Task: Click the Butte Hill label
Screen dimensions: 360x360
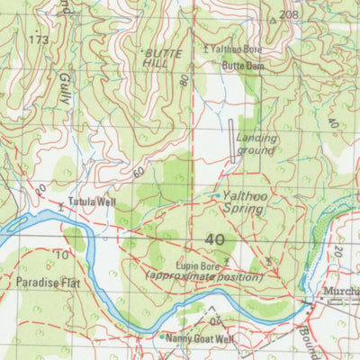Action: coord(163,59)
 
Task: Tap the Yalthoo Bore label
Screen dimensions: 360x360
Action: coord(238,49)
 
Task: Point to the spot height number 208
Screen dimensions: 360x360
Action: coord(287,15)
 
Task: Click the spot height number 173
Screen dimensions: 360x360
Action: coord(38,40)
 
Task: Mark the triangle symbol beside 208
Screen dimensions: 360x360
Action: coord(273,18)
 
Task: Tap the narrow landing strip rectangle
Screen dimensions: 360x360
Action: coord(235,140)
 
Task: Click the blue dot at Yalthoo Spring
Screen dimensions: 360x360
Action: coord(216,194)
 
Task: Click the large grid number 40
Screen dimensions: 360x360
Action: coord(214,240)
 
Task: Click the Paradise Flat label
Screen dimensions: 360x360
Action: coord(41,283)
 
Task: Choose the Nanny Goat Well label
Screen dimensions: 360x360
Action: coord(201,338)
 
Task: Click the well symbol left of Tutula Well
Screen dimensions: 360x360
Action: coord(60,206)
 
